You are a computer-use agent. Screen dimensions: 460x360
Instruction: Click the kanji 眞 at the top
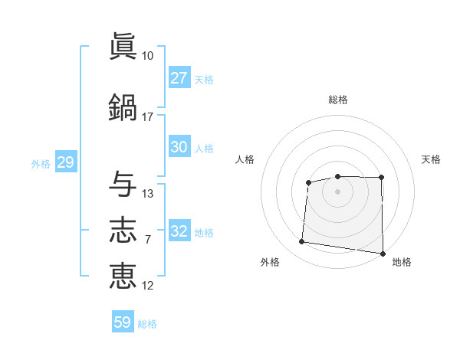[123, 46]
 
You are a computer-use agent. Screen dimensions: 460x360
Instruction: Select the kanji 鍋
[123, 107]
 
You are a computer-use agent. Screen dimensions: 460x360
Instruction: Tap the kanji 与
[123, 184]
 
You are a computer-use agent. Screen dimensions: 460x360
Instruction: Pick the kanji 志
[123, 230]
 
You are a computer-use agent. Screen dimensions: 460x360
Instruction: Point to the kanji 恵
[123, 276]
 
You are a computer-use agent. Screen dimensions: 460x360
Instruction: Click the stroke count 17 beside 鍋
[147, 117]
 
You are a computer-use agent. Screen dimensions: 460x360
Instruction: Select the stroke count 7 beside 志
[148, 240]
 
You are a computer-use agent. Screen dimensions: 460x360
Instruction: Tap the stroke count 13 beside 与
[147, 194]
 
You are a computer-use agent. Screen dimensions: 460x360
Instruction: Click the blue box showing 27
[179, 77]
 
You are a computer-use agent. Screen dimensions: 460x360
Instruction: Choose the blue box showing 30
[179, 146]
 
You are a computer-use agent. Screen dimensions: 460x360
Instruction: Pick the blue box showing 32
[179, 230]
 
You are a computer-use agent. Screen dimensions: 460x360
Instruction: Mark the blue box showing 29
[66, 162]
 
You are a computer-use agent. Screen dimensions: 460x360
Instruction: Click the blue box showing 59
[123, 321]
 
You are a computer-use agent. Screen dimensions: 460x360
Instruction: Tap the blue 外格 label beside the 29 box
[41, 164]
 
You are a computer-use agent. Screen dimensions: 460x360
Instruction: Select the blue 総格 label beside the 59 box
[147, 324]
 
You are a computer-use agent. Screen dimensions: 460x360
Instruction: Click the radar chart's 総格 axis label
[338, 100]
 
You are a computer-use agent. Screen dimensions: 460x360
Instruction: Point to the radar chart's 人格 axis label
[245, 159]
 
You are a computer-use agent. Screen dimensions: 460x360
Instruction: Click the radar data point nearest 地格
[383, 254]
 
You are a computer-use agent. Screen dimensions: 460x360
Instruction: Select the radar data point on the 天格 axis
[381, 178]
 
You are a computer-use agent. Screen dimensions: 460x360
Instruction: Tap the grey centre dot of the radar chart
[337, 191]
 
